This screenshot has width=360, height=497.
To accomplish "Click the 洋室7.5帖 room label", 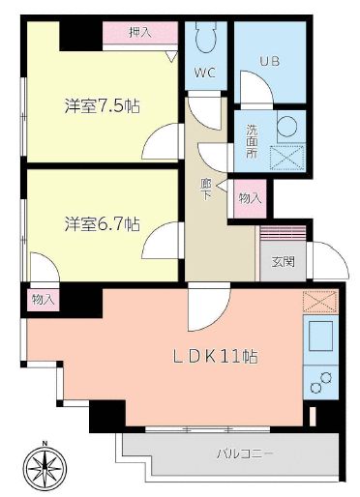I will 103,106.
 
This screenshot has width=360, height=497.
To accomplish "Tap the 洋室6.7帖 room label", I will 103,223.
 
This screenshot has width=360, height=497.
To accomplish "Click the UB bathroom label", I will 269,61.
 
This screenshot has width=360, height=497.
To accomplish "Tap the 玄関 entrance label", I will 283,260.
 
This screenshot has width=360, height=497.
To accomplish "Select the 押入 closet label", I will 140,33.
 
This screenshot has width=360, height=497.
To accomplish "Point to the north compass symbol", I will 46,471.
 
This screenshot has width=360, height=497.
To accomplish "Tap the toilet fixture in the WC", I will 204,39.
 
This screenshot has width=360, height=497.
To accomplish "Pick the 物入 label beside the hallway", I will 250,197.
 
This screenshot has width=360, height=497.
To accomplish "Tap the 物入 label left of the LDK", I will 43,300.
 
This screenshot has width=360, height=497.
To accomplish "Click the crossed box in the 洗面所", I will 287,157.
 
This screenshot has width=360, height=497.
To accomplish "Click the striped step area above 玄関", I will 283,234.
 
